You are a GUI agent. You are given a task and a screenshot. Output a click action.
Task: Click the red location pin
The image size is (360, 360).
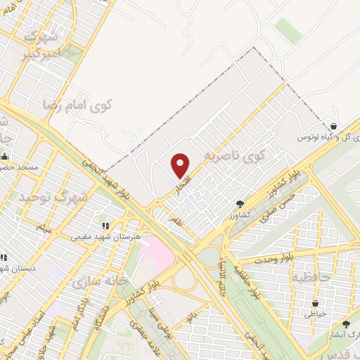(x=181, y=166)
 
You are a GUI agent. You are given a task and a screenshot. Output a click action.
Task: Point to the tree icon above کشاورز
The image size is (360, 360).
(x=240, y=204)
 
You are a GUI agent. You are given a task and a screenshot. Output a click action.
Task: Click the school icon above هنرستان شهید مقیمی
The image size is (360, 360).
(x=105, y=226)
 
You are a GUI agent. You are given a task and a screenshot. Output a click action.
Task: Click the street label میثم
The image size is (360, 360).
(x=44, y=227)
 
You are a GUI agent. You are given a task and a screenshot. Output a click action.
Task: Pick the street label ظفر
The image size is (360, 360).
(x=175, y=219)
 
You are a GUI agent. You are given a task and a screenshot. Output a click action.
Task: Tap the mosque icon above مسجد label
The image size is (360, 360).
(x=6, y=156)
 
